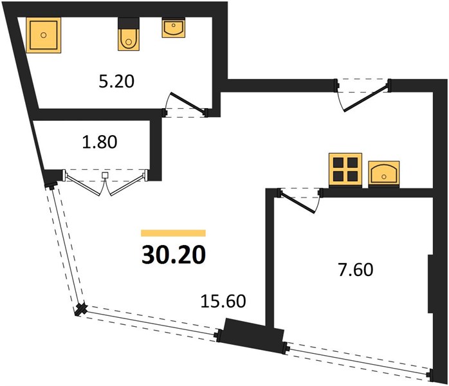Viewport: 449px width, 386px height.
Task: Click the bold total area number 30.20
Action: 174,255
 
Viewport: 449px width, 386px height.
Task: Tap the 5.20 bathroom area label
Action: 116,81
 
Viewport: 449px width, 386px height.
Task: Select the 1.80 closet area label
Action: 100,142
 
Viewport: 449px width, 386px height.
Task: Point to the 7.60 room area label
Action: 356,270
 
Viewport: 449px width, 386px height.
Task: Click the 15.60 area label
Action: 223,301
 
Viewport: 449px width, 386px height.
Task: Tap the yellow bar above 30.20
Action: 173,233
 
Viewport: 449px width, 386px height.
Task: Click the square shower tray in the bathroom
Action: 44,35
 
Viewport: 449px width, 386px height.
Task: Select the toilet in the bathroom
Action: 129,34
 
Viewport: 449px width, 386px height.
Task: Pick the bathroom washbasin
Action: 174,28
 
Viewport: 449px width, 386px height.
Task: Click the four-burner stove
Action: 345,170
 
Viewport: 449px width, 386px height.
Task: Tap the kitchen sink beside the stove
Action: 384,174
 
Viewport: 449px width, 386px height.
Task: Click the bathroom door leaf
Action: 188,102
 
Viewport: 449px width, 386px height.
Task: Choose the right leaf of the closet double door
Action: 128,185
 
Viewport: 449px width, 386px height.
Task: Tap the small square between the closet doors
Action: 105,175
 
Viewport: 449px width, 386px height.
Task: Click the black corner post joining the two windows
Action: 81,309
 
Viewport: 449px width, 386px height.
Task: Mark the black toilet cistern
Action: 129,23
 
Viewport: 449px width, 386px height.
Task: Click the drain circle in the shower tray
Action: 44,35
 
